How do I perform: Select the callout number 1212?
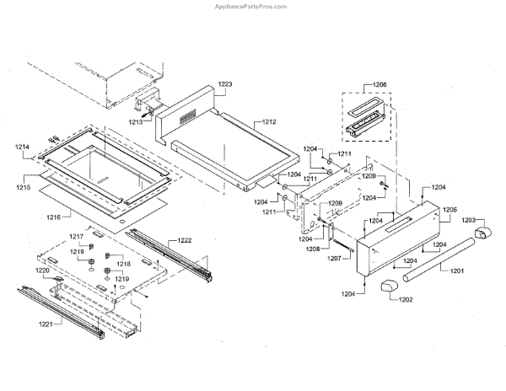tap(268, 121)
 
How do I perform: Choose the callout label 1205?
tap(449, 208)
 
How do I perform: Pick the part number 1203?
tap(469, 220)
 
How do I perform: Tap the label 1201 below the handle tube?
tap(456, 270)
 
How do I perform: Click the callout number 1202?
tap(405, 299)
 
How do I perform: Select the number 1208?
tap(311, 250)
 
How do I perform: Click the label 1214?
tap(22, 147)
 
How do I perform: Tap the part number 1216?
tap(53, 217)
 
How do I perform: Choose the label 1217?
tap(77, 237)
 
